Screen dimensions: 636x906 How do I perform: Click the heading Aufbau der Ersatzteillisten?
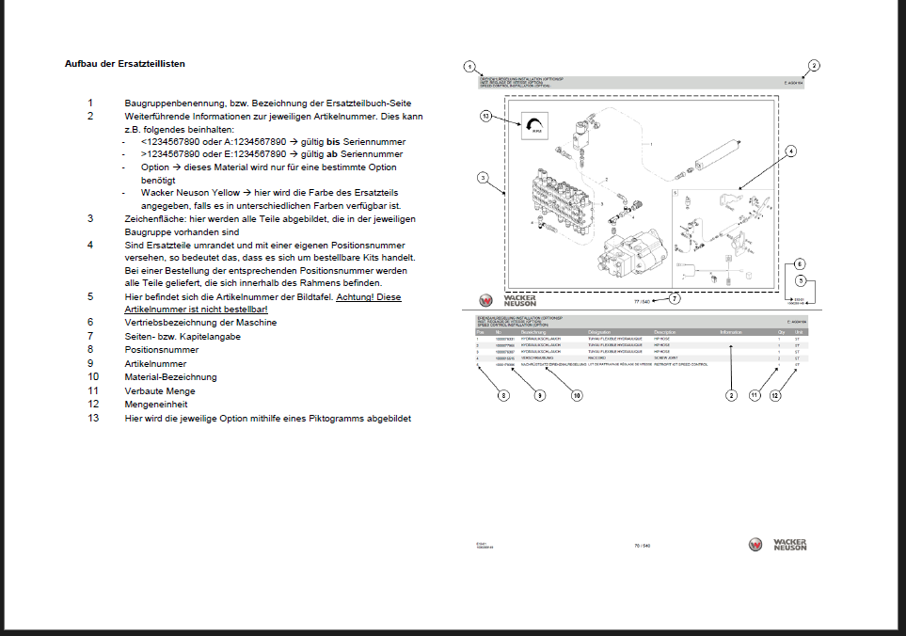coord(124,64)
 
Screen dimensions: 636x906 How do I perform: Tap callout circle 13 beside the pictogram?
coord(485,117)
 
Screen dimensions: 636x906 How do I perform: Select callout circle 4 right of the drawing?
coord(791,151)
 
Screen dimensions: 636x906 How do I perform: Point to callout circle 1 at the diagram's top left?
coord(468,67)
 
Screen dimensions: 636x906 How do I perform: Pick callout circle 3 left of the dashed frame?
coord(482,177)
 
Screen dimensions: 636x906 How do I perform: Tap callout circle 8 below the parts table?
coord(503,396)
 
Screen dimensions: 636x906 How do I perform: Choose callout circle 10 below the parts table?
coord(577,396)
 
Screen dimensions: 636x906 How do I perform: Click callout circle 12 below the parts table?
coord(775,396)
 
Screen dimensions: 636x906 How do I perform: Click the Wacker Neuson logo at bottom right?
coord(778,544)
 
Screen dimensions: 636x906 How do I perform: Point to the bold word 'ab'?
coord(332,154)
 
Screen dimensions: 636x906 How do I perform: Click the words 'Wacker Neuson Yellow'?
coord(187,192)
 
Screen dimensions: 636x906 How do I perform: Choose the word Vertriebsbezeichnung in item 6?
coord(167,323)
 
